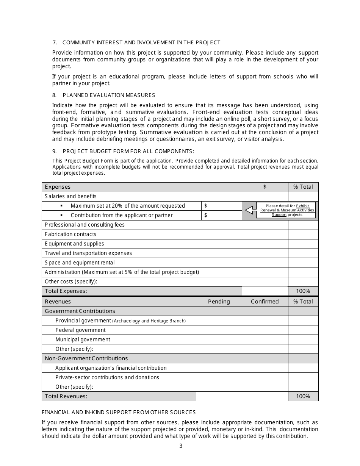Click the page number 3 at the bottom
click(181, 446)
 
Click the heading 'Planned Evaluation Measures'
click(109, 95)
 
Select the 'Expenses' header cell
click(58, 187)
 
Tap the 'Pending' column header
click(219, 302)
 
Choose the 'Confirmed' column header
click(265, 302)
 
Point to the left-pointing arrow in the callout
click(250, 210)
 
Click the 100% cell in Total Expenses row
click(303, 291)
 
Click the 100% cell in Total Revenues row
click(303, 396)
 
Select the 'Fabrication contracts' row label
click(70, 234)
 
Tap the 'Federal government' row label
click(80, 330)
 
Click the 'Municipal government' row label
click(83, 339)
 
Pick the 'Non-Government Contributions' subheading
click(86, 358)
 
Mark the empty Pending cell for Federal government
click(219, 330)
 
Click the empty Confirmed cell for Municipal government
click(265, 339)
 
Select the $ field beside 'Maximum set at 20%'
click(221, 206)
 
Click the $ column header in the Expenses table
click(265, 187)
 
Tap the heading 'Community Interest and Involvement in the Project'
click(141, 42)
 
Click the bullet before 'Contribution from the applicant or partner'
click(61, 215)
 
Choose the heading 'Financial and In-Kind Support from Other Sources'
click(119, 412)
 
